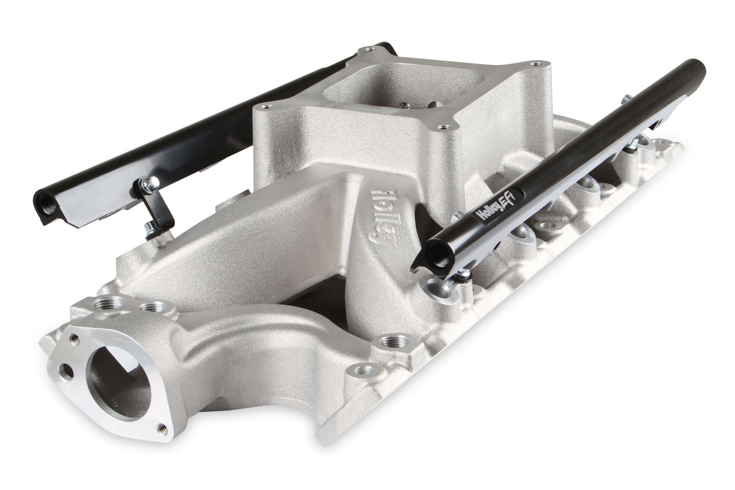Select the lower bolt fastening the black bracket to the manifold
point(150,229)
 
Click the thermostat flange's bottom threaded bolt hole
point(162,429)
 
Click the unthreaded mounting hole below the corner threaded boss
point(366,369)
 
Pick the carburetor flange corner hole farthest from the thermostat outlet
point(537,64)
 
